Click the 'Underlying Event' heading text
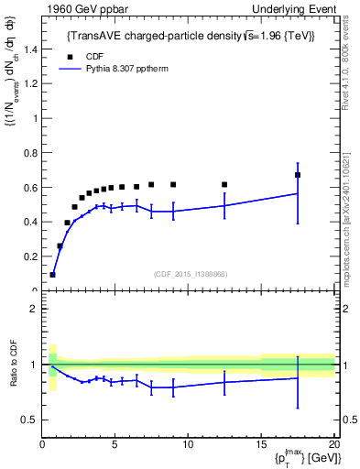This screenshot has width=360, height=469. pyautogui.click(x=291, y=8)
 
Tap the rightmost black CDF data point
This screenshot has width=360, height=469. pyautogui.click(x=298, y=175)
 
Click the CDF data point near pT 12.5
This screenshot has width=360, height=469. pyautogui.click(x=224, y=185)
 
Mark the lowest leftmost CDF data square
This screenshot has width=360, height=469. pyautogui.click(x=53, y=274)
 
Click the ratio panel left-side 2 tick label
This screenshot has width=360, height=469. pyautogui.click(x=33, y=309)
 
